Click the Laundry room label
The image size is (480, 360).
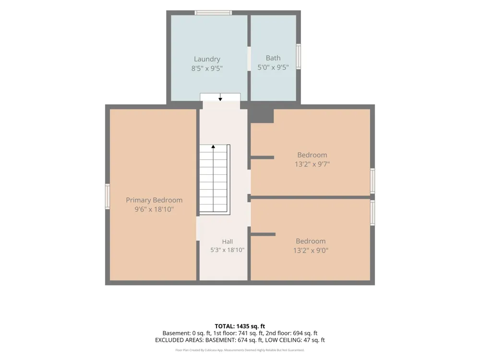[x=207, y=59]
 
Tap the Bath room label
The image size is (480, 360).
[x=273, y=58]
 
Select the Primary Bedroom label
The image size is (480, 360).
[x=154, y=200]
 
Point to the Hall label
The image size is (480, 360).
[x=228, y=241]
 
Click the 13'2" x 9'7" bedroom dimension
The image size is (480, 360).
[x=312, y=164]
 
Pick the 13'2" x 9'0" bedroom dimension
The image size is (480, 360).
[x=311, y=251]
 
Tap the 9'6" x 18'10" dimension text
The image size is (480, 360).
[x=154, y=209]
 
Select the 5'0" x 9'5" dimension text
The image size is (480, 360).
[x=273, y=67]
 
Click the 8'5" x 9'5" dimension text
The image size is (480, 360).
[x=207, y=68]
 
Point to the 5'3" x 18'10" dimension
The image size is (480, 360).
[x=228, y=250]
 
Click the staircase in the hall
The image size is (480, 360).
[x=215, y=180]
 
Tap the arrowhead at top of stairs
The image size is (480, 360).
[x=213, y=146]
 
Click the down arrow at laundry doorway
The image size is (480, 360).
[x=220, y=97]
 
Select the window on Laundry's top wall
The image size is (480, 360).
[x=213, y=12]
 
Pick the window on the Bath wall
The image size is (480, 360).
[x=299, y=56]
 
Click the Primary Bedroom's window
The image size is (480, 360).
[x=108, y=196]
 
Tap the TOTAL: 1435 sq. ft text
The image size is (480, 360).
[x=240, y=326]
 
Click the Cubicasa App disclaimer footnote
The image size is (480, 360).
[x=240, y=350]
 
